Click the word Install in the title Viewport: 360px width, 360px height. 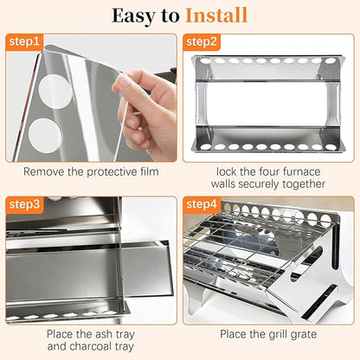click(216, 16)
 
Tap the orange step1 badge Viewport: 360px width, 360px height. click(24, 42)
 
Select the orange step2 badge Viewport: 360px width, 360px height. click(202, 42)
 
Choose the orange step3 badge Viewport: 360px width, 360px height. click(24, 204)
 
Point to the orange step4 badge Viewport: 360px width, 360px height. click(202, 204)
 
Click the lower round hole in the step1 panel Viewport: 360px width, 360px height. click(45, 135)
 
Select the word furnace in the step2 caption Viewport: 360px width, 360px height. click(302, 171)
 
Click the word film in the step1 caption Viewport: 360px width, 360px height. click(151, 171)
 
